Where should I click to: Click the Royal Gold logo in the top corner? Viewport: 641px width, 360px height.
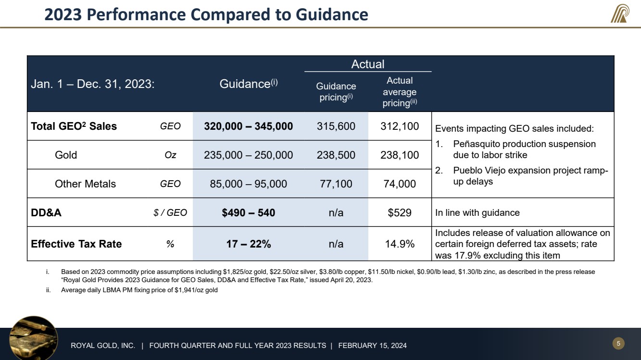tap(620, 13)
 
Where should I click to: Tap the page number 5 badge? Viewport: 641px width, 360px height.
tap(618, 343)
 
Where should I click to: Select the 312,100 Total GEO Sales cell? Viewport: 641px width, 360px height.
tap(400, 126)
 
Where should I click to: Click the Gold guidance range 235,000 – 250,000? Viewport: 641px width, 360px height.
tap(248, 155)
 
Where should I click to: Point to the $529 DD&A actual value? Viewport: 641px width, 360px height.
tap(400, 212)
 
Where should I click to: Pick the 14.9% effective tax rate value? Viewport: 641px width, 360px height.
tap(400, 244)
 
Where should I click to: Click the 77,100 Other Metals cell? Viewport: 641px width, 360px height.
tap(336, 184)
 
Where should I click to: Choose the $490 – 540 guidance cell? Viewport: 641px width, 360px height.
tap(248, 212)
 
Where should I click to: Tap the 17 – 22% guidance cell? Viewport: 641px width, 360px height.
tap(248, 244)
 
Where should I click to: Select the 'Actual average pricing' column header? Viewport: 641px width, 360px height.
tap(400, 92)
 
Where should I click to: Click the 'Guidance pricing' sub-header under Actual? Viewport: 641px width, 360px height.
tap(336, 92)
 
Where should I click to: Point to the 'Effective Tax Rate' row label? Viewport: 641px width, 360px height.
tap(76, 244)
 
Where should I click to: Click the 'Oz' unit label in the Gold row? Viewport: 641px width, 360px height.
tap(170, 155)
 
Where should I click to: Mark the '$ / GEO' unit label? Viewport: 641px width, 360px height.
tap(167, 212)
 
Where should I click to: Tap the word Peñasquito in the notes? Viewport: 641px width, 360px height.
tap(476, 144)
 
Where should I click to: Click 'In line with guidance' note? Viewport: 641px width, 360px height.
tap(477, 212)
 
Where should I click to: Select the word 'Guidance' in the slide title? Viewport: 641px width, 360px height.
tap(332, 14)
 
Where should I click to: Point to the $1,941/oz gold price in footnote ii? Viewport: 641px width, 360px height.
tap(186, 290)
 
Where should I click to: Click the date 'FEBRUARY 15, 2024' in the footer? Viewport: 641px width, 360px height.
tap(373, 346)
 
